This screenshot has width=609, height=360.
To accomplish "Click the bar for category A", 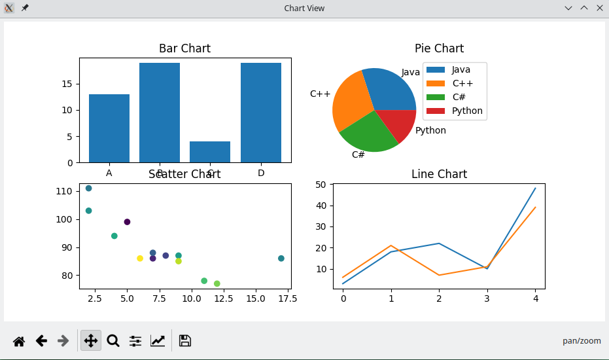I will (109, 128).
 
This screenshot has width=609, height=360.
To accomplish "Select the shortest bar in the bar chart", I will (210, 152).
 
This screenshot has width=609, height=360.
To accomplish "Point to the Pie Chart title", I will (439, 48).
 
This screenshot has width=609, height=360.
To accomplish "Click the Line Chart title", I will (439, 173).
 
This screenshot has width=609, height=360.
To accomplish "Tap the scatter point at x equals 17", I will (281, 259).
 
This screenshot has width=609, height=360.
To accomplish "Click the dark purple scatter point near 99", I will (128, 222).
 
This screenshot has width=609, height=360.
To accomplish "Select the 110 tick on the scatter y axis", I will (64, 191).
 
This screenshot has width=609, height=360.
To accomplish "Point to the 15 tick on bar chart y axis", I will (67, 84).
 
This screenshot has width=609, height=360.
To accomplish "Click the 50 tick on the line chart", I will (321, 185).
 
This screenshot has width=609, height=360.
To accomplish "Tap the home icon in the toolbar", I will (19, 341).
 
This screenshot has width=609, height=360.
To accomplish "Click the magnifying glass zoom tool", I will (113, 341).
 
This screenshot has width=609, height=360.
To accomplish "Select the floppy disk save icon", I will (185, 341).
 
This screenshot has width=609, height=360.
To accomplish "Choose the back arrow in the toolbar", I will (41, 341).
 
